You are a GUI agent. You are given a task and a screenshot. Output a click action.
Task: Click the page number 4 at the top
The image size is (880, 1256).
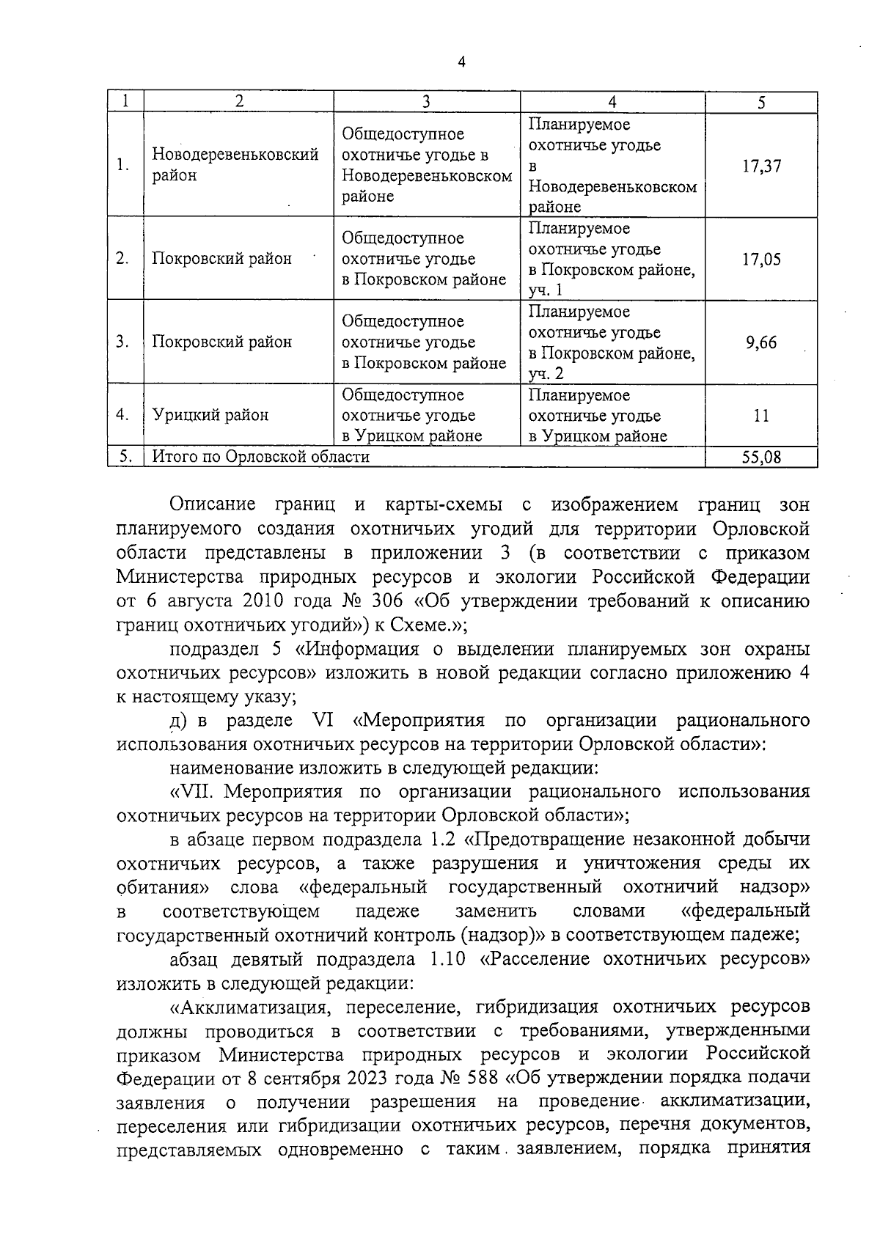(461, 62)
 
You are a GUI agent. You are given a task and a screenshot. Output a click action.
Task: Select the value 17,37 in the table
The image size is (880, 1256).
(761, 166)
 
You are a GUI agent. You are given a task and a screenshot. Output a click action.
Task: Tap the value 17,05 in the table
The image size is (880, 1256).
(761, 259)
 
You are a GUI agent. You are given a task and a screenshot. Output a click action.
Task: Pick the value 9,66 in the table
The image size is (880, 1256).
(761, 342)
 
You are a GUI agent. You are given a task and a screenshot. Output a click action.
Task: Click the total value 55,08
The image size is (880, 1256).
(761, 458)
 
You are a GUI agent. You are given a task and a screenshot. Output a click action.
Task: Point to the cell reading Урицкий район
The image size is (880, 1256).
(210, 415)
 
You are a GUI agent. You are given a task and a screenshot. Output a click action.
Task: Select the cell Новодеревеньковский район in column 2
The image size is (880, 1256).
(235, 165)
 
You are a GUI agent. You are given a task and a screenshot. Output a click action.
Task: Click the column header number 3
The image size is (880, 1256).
(426, 103)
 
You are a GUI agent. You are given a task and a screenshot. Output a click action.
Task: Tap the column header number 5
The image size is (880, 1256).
(761, 103)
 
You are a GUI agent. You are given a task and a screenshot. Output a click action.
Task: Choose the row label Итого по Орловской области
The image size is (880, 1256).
(261, 457)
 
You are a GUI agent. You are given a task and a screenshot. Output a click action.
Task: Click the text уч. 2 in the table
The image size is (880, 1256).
(546, 374)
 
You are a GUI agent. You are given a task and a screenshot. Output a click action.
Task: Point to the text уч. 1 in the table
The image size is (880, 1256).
(546, 290)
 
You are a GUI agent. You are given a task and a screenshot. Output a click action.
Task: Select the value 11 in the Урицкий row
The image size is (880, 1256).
(761, 416)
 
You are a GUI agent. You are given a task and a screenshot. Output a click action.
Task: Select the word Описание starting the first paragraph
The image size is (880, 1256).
(213, 504)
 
